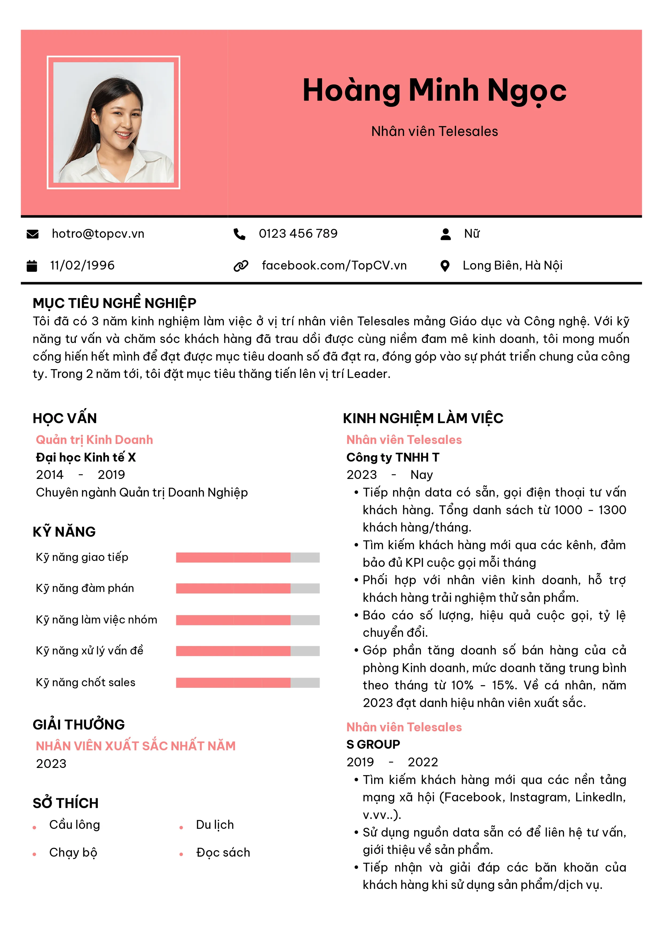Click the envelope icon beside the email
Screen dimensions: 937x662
32,234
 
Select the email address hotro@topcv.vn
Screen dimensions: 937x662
98,233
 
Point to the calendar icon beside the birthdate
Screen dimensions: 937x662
32,266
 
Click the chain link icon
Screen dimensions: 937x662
241,266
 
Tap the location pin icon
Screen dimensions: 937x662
445,266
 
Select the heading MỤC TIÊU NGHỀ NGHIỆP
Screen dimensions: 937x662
114,303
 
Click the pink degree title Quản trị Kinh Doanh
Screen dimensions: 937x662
94,440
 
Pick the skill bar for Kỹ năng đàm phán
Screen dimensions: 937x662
247,588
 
